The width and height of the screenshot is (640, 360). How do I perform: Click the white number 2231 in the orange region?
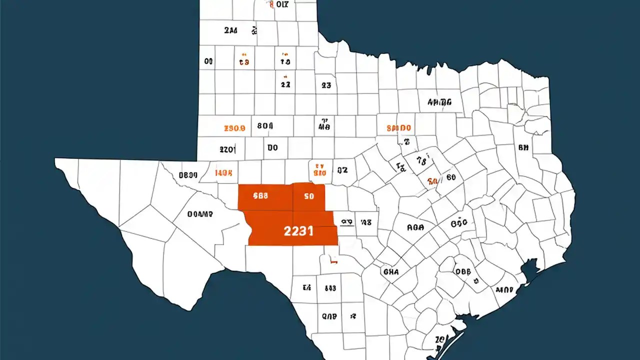click(x=298, y=231)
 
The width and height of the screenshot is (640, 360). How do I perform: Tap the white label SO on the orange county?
click(x=308, y=196)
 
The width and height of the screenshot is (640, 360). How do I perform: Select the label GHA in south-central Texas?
click(x=390, y=272)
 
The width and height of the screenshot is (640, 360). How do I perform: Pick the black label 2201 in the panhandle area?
click(x=227, y=149)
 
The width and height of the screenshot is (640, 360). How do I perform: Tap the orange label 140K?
click(x=223, y=173)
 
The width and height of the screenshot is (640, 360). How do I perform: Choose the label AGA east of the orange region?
click(x=415, y=227)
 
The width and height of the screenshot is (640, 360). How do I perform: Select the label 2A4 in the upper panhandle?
click(x=230, y=30)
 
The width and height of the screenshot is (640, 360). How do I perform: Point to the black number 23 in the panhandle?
click(x=326, y=85)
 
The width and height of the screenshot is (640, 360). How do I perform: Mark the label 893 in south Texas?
click(x=330, y=288)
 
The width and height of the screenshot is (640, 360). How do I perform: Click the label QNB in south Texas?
click(x=329, y=316)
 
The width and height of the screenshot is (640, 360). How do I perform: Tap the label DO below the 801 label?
click(x=272, y=148)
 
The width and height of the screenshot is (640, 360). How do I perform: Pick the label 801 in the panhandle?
click(x=265, y=126)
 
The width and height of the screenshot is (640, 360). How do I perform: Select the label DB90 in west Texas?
click(x=188, y=175)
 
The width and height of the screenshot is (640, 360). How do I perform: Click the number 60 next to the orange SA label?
click(x=451, y=177)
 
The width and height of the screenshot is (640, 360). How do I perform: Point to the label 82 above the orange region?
click(x=342, y=170)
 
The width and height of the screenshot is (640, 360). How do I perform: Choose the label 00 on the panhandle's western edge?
click(x=208, y=61)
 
